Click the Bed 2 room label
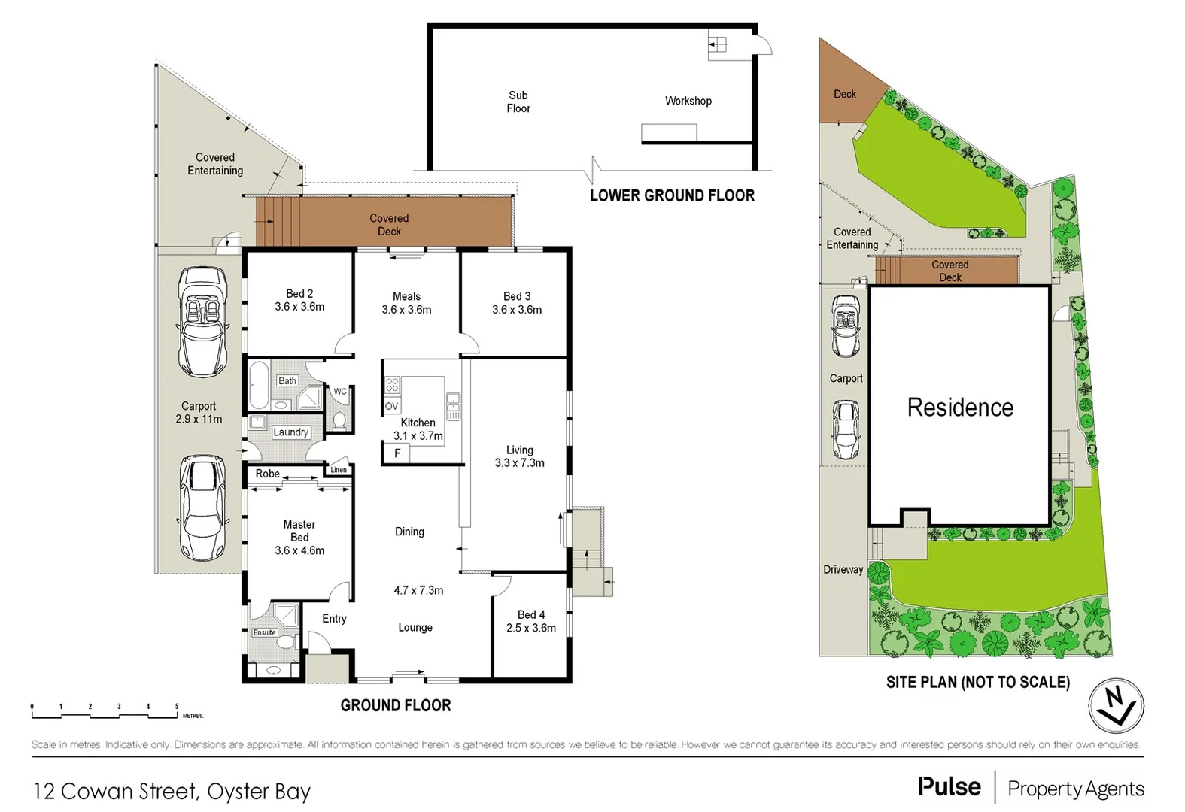299,294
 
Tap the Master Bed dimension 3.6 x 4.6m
299,550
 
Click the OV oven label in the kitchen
391,406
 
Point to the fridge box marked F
397,453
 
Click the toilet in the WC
339,420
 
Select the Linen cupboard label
339,470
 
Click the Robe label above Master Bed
267,474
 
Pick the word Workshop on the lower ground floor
688,101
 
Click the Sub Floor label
518,101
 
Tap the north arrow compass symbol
1117,706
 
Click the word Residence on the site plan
960,408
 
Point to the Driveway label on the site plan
843,570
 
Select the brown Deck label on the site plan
845,94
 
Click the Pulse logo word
949,787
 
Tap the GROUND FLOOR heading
396,705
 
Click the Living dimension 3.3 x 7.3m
519,463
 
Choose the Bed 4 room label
530,615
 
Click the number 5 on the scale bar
177,707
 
